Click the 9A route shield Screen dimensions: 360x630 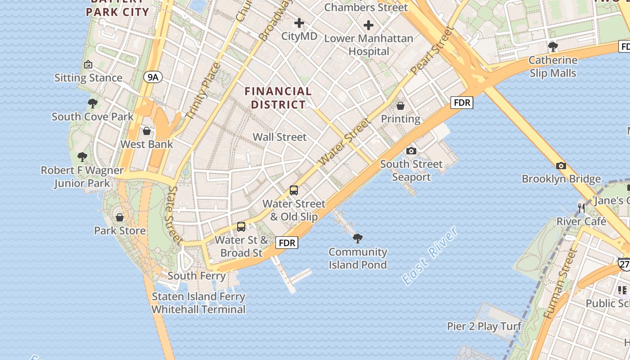click(x=153, y=77)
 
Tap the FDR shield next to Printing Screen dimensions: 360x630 click(x=462, y=103)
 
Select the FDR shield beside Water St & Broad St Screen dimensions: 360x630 click(x=287, y=243)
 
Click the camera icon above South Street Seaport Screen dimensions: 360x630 click(x=411, y=151)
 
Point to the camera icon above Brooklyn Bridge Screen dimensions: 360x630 click(x=561, y=166)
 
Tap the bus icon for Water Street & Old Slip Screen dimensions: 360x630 click(x=294, y=190)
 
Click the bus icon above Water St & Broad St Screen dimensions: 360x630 click(x=241, y=226)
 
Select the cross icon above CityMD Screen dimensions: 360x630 click(x=299, y=23)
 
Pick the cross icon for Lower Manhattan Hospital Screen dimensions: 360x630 click(x=369, y=25)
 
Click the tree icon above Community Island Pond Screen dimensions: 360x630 click(x=358, y=238)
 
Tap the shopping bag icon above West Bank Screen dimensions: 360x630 click(x=147, y=131)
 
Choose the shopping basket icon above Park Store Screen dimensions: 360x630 click(x=120, y=217)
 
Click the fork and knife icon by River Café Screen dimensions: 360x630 click(x=581, y=208)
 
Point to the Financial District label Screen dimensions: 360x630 click(x=278, y=98)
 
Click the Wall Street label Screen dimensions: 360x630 click(x=279, y=137)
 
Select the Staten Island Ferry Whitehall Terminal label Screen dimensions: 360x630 click(x=198, y=303)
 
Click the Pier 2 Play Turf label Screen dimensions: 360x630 click(x=484, y=326)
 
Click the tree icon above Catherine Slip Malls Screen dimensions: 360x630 click(x=553, y=46)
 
